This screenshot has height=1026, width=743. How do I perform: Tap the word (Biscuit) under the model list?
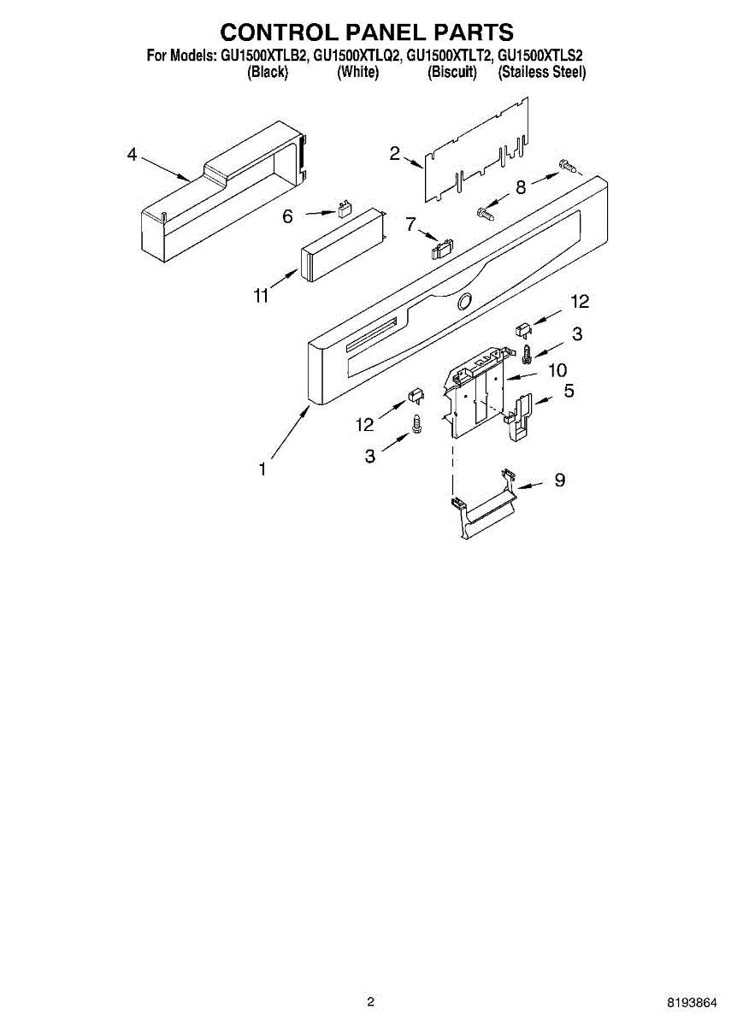[x=451, y=73]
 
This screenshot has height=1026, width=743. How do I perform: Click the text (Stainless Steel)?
[x=542, y=73]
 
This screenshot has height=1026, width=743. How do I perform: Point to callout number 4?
[x=132, y=155]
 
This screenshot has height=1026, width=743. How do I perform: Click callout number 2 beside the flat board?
[x=395, y=154]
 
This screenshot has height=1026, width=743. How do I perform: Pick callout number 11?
[x=261, y=296]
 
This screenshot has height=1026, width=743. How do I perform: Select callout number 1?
[x=263, y=469]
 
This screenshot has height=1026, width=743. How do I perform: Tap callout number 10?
[x=557, y=370]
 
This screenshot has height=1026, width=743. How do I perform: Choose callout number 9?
[x=559, y=481]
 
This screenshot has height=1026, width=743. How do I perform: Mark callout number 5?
[x=569, y=392]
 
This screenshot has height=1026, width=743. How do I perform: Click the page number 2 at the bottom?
[x=370, y=1001]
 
